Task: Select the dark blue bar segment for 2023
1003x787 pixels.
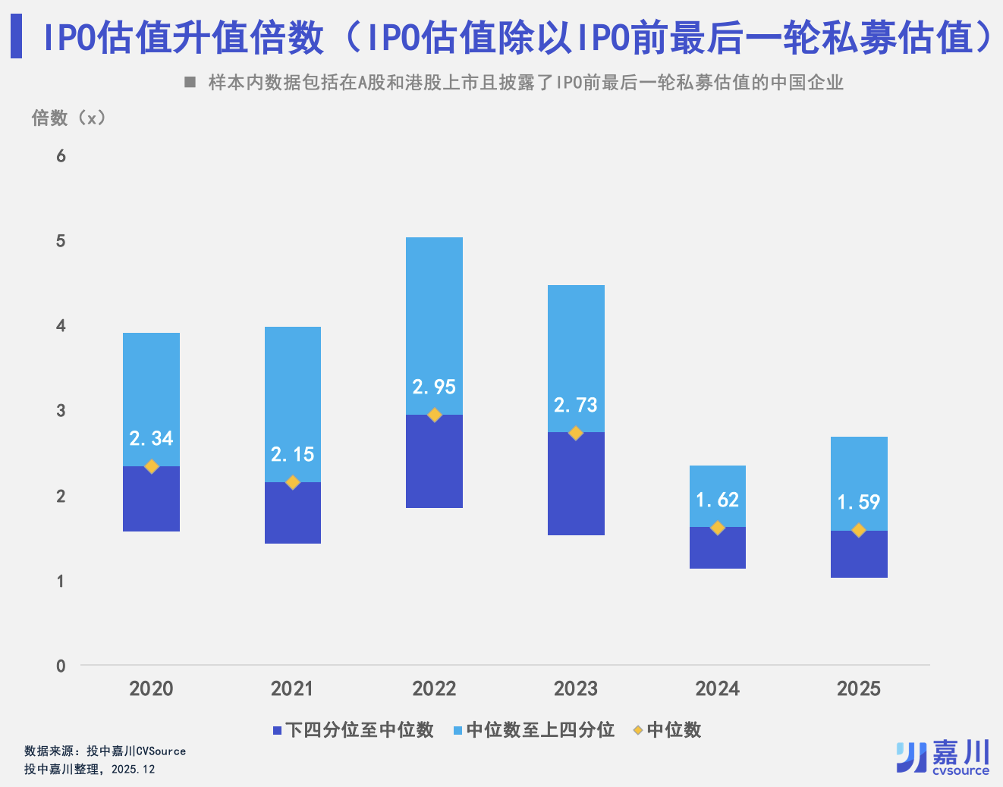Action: [576, 485]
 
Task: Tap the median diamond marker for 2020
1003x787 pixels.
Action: [152, 466]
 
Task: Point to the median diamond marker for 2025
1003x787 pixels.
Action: [859, 531]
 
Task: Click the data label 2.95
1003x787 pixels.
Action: [434, 387]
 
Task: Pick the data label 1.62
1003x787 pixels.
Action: [717, 500]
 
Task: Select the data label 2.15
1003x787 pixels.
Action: [292, 455]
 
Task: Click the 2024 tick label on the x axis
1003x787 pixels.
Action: [717, 688]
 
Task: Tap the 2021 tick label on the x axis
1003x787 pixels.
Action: [292, 688]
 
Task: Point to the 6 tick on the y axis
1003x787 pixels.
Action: [61, 156]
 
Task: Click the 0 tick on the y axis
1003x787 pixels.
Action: [61, 666]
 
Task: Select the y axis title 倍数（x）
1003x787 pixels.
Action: [68, 118]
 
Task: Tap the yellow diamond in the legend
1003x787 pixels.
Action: [638, 730]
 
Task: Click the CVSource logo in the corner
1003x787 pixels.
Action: [943, 757]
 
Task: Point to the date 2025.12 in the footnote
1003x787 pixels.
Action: [133, 770]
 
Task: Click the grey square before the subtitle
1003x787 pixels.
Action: [190, 82]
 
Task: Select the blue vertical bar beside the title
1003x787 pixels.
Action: [16, 37]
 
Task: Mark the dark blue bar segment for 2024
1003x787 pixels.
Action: [717, 548]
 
